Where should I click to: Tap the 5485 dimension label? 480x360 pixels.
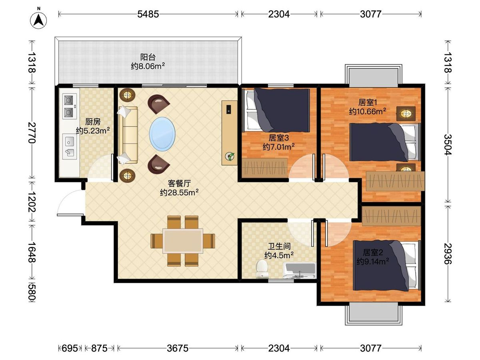coord(148,14)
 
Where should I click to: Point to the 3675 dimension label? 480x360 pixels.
coord(177,348)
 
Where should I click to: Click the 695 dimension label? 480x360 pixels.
coord(70,348)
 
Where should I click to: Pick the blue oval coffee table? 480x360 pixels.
coord(162,134)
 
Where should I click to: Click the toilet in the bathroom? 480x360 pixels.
coord(262,269)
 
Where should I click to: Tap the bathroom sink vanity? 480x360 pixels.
coord(300,271)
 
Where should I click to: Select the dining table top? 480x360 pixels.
coord(182,241)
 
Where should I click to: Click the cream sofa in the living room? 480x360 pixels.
coord(128,135)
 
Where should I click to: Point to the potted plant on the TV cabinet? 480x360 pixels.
coord(230,156)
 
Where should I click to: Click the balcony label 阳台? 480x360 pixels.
coord(148,57)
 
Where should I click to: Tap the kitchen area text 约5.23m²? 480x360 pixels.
coord(93,131)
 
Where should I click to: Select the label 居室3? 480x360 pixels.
coord(278,138)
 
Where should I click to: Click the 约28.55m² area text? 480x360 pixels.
coord(179,192)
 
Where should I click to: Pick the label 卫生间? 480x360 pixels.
coord(279,246)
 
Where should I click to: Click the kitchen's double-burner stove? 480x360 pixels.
coord(70,106)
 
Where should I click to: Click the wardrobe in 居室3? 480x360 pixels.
coord(264,168)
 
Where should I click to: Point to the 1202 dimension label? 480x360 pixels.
coord(32,202)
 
